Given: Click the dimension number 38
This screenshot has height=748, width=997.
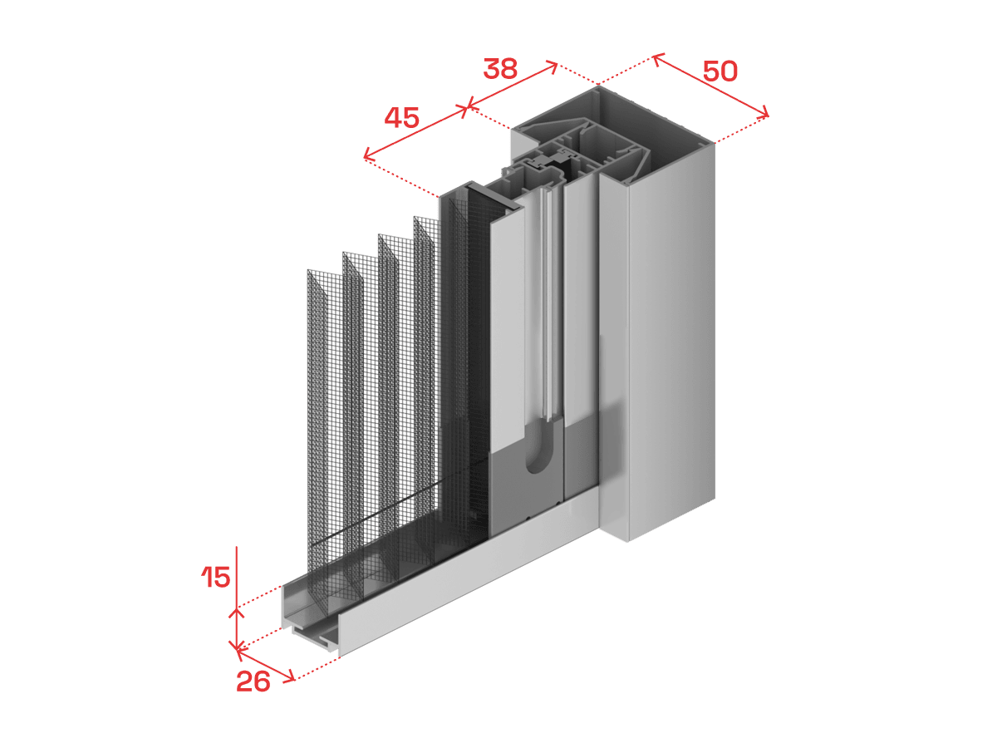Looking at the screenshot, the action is [x=500, y=69].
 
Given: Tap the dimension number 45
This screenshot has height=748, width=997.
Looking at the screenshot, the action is [x=401, y=118].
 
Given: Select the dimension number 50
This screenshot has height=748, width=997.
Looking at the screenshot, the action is [x=720, y=71].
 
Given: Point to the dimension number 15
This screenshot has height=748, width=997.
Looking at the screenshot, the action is [x=216, y=578].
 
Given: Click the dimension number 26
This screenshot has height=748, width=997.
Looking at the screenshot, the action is [x=253, y=682].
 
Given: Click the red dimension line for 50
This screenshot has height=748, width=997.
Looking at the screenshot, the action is [x=711, y=86].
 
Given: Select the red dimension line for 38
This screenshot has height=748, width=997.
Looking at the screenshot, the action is [x=512, y=86].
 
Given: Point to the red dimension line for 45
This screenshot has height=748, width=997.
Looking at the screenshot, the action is [x=415, y=132].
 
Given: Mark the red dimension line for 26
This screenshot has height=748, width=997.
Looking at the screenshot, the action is [x=266, y=665].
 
